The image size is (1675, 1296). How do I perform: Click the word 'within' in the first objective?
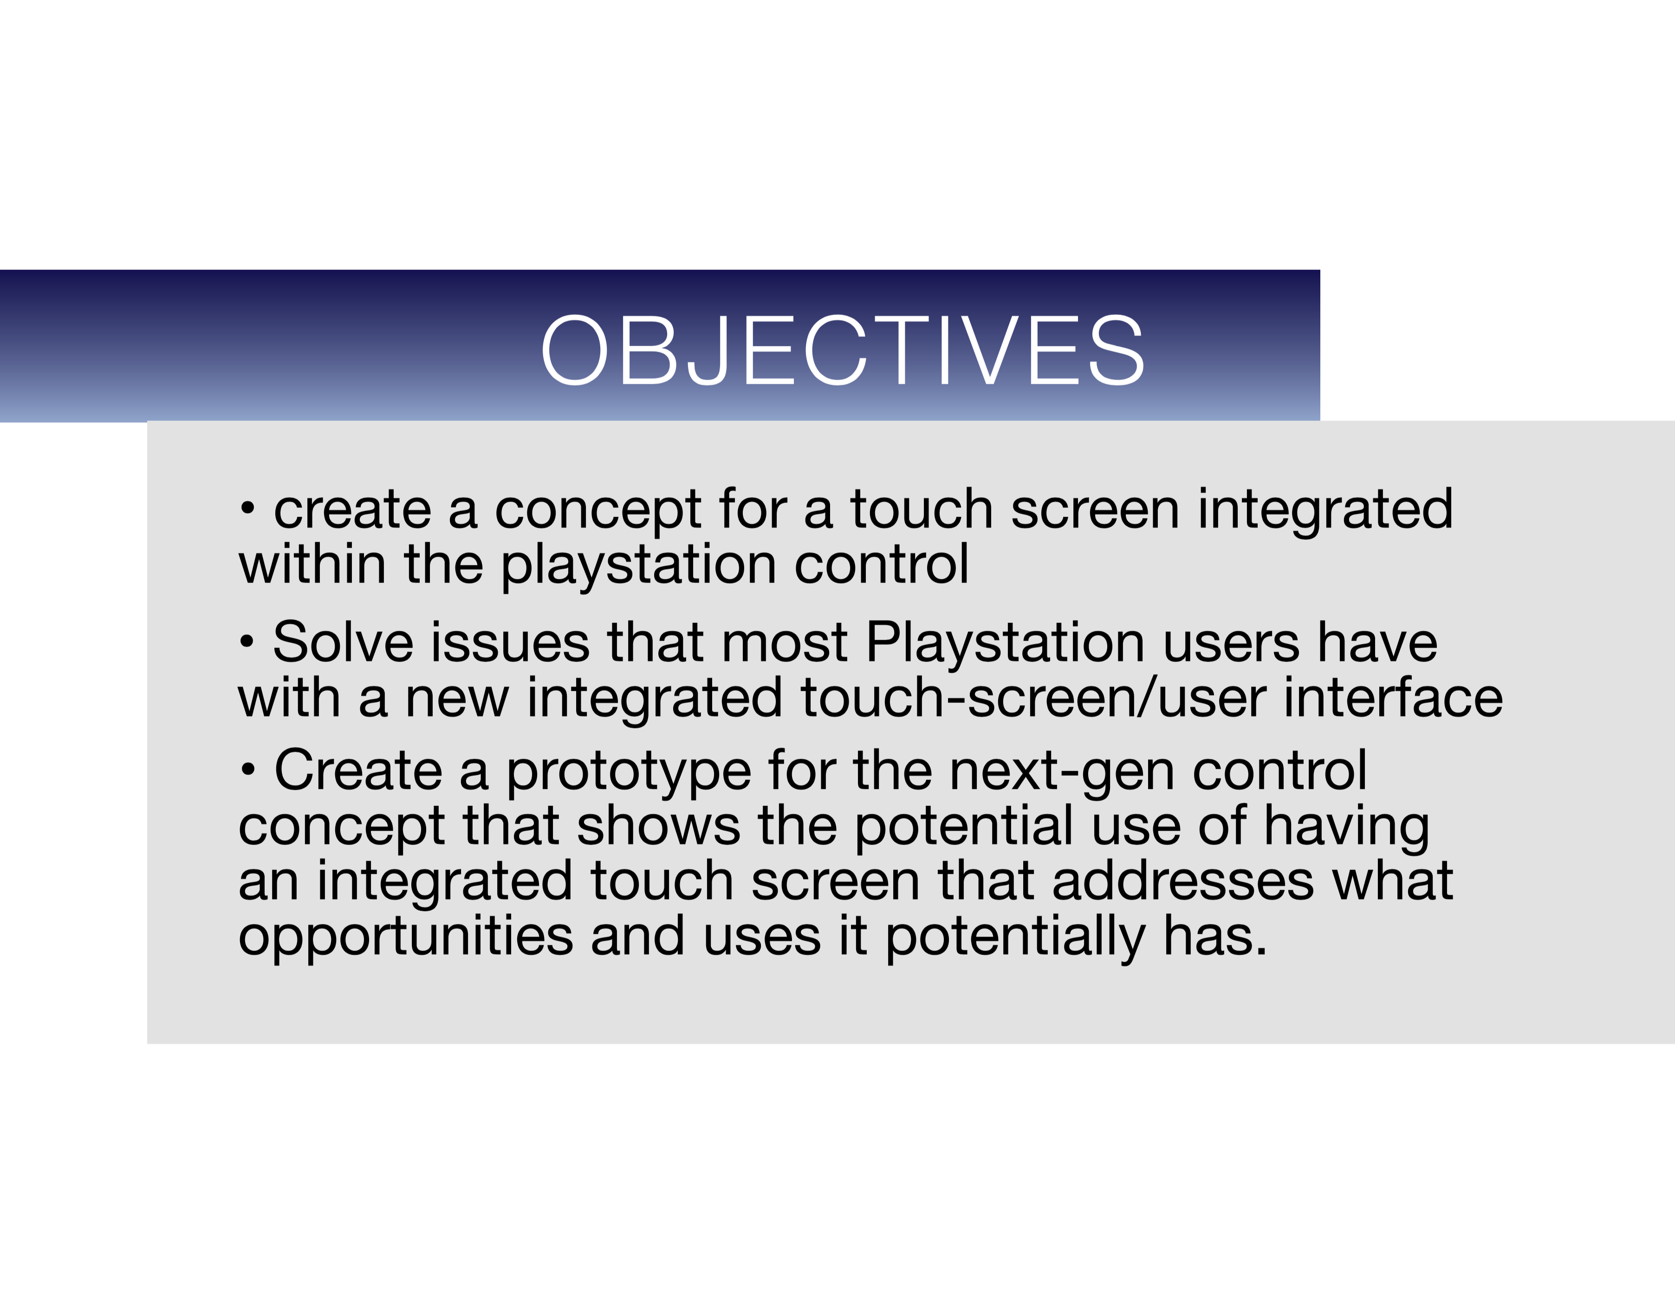coord(312,564)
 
